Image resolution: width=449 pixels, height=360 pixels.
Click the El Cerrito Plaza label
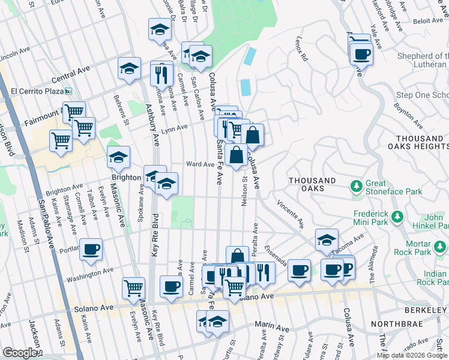[37, 92]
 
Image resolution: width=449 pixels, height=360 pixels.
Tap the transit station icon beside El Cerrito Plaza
[69, 92]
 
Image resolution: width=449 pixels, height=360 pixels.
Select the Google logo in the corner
[20, 353]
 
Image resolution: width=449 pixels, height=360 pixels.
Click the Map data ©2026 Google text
[411, 355]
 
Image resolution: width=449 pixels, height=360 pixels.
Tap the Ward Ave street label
[200, 164]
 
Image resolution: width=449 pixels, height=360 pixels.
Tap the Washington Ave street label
[90, 274]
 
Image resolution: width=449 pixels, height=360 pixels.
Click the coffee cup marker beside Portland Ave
[91, 250]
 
